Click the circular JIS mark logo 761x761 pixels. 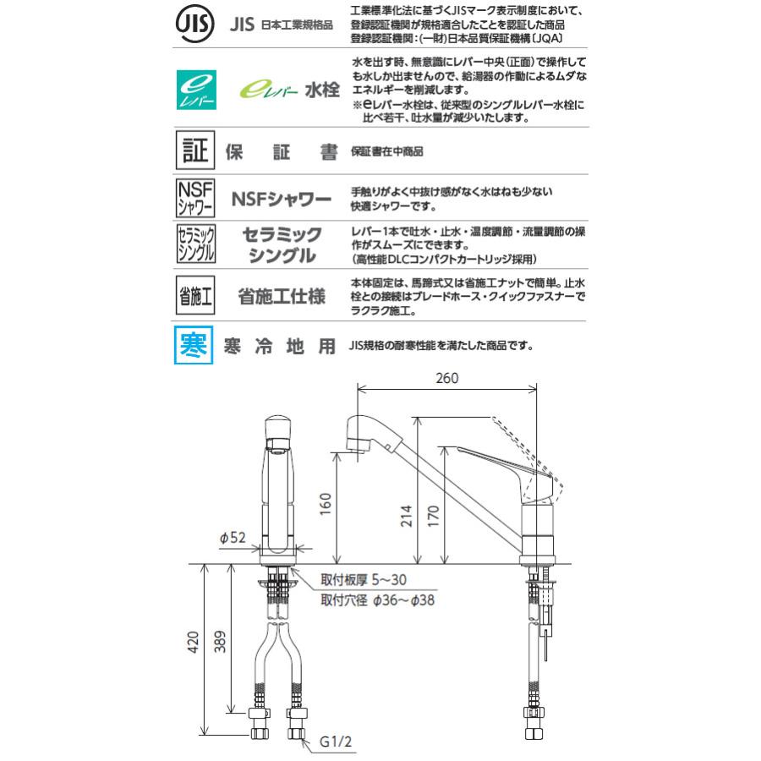coord(194,25)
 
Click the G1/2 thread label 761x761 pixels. coord(336,745)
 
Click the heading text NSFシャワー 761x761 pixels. coord(282,201)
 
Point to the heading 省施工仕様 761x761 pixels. coord(282,297)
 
